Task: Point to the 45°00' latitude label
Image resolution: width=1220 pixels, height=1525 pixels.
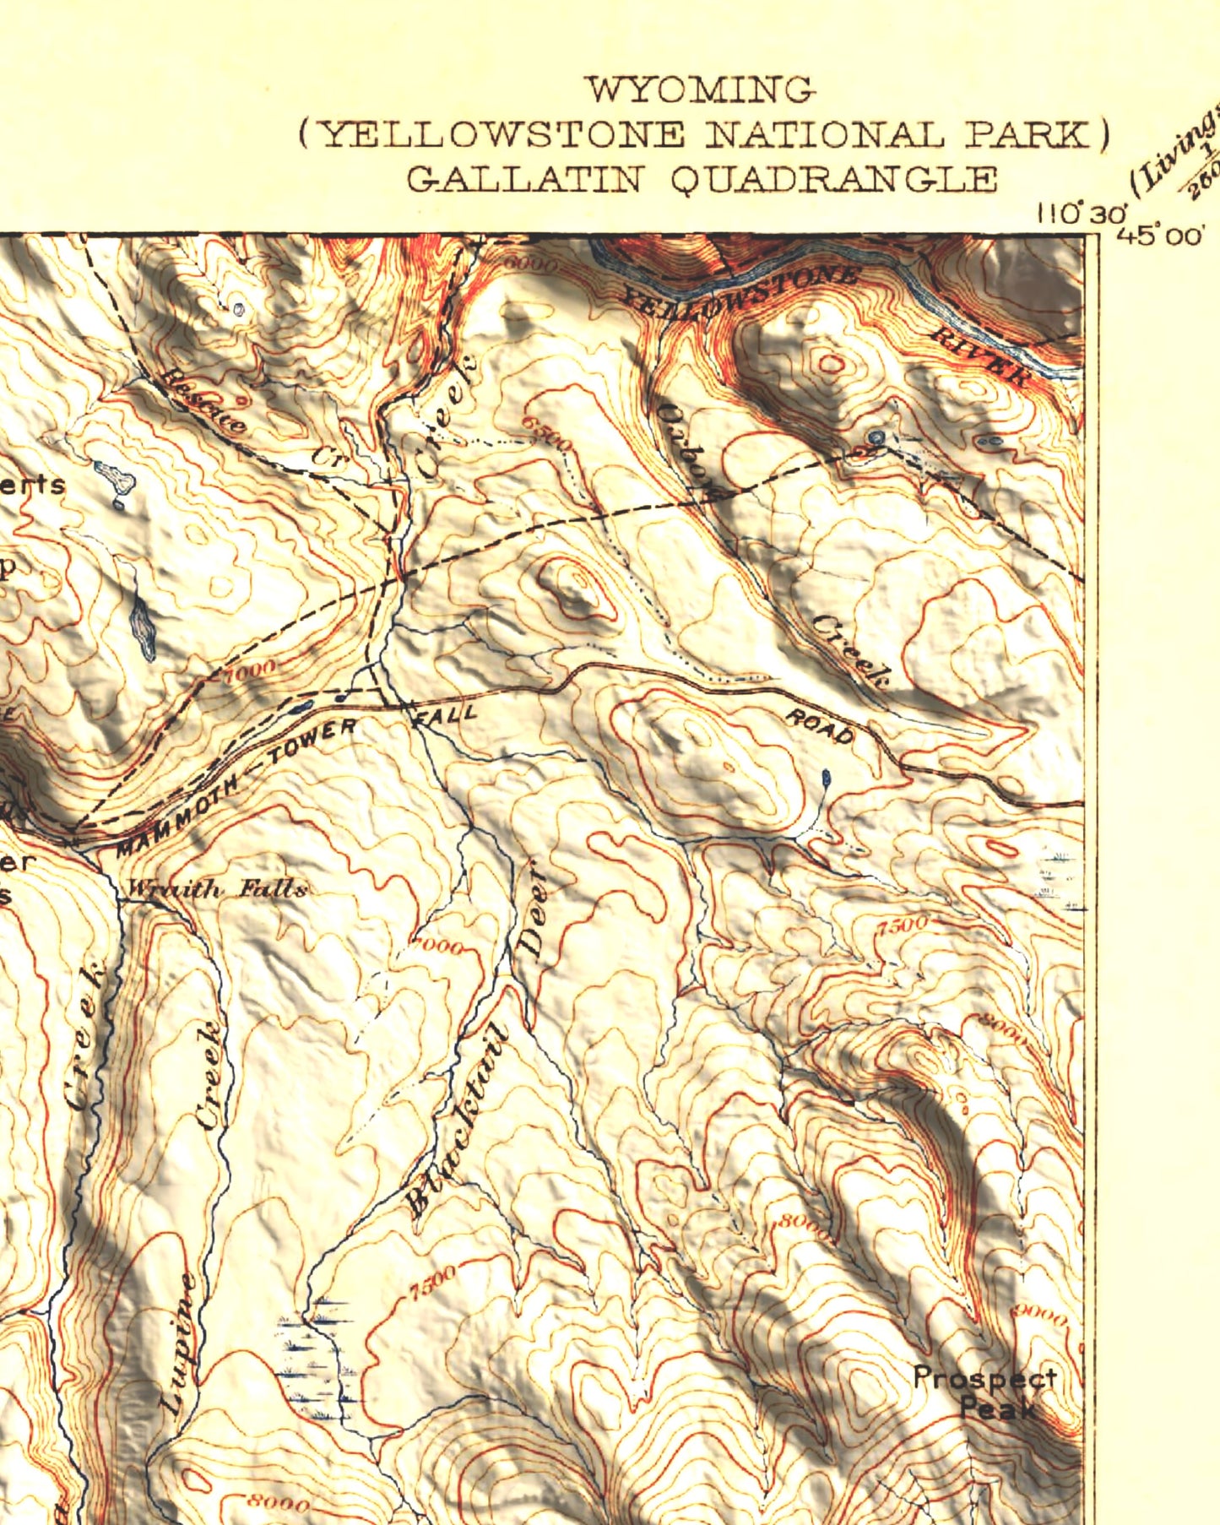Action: (1158, 236)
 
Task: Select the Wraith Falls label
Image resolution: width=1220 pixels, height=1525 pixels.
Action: (216, 889)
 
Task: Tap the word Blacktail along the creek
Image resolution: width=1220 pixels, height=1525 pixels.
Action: (457, 1123)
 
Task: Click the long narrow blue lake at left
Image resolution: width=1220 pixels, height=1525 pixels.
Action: (143, 625)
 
